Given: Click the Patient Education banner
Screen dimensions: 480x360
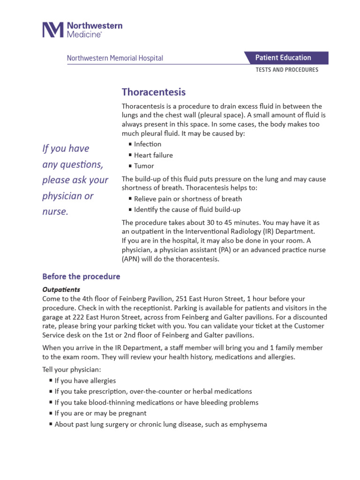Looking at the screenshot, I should [283, 58].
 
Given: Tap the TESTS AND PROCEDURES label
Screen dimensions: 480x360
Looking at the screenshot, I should [286, 70].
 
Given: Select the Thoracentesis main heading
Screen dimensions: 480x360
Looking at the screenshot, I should [154, 92].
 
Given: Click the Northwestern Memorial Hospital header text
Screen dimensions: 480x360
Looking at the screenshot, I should [115, 58].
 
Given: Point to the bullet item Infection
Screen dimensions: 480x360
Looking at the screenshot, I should [147, 144].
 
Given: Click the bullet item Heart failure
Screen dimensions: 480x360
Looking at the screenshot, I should [153, 155].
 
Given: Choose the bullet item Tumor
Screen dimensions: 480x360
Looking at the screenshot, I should [143, 166].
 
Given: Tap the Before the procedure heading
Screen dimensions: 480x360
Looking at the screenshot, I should [81, 277].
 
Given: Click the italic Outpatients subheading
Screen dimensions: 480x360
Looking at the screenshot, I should [61, 289].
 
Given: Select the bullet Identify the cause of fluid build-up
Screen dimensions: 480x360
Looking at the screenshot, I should [187, 210].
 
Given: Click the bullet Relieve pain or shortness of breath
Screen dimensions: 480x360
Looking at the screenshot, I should [187, 199].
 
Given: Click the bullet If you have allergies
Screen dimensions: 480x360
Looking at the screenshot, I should [85, 381].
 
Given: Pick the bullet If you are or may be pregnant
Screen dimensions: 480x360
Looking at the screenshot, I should [100, 413].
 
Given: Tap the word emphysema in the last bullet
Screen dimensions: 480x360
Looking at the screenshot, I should [247, 424].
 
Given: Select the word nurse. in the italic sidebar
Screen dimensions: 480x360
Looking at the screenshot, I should [55, 212].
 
